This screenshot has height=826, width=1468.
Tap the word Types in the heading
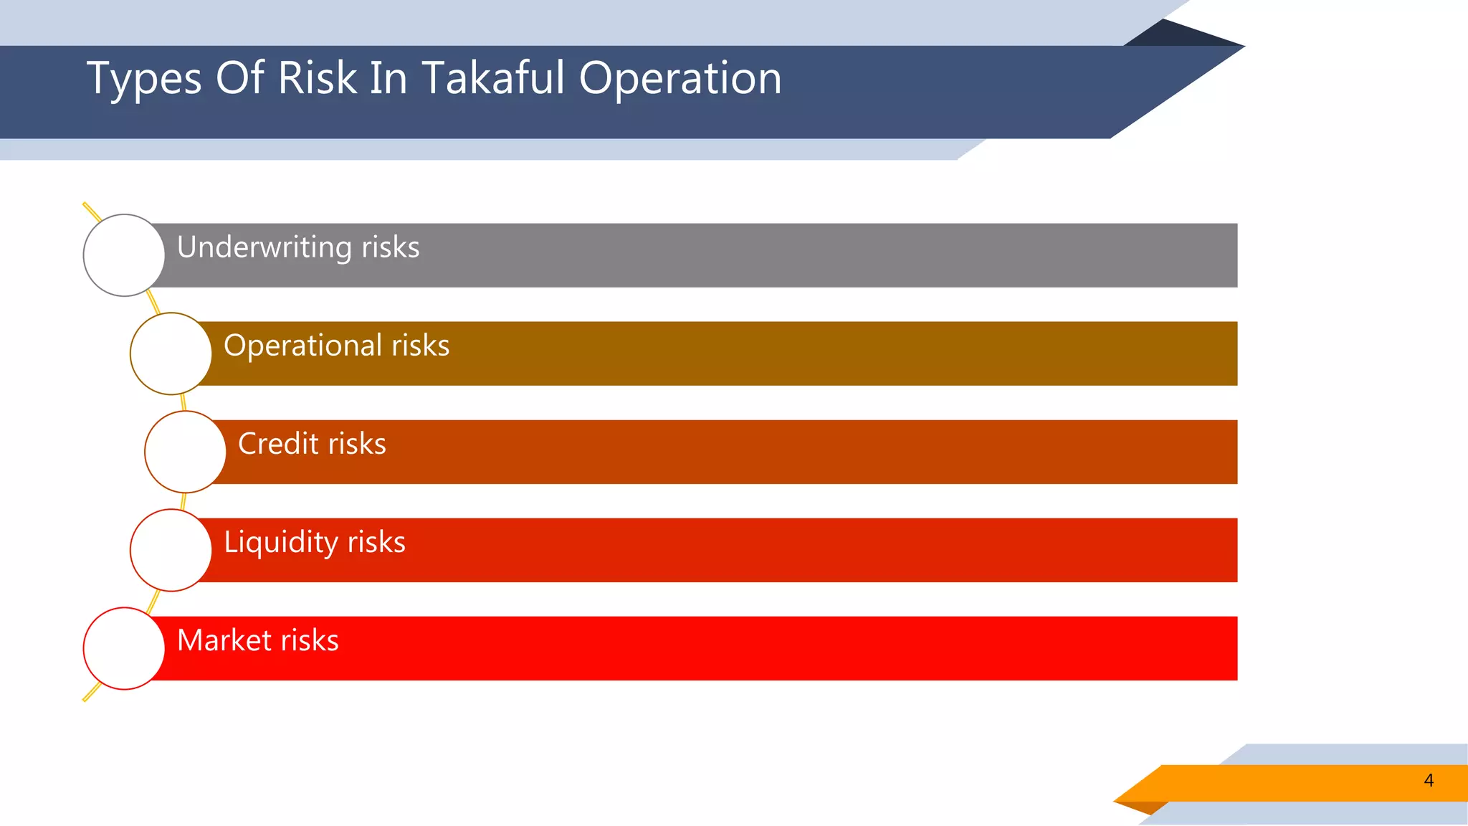pos(144,79)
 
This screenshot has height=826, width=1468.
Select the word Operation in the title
pos(680,79)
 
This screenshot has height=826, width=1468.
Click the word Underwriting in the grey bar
pos(264,247)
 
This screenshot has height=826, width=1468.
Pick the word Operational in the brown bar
pos(302,346)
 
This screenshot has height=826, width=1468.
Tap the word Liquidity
pos(280,543)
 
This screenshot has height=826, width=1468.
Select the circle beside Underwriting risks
pos(124,255)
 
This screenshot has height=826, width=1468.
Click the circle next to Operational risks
pos(171,353)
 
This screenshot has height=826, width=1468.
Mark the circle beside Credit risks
pos(185,452)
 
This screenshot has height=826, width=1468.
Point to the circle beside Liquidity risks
pos(171,550)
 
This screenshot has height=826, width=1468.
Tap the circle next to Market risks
pos(124,648)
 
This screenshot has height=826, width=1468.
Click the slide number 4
pos(1429,781)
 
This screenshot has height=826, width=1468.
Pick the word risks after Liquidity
pos(376,543)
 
